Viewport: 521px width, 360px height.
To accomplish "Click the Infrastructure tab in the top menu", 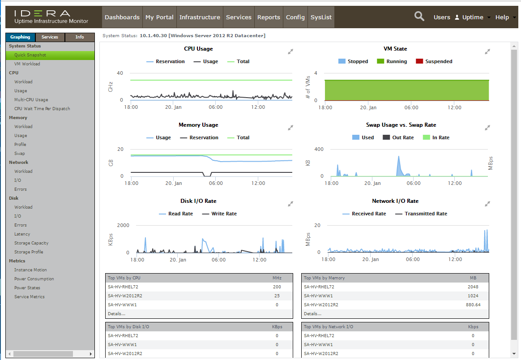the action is pyautogui.click(x=200, y=17).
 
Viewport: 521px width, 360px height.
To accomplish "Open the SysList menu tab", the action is pyautogui.click(x=321, y=17).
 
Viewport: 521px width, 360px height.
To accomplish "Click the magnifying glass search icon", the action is pyautogui.click(x=419, y=17).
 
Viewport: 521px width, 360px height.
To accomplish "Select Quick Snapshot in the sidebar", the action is pyautogui.click(x=30, y=55).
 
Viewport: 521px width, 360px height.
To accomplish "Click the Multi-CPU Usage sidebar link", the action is pyautogui.click(x=31, y=100).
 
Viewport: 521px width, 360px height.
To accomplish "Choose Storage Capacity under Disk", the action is pyautogui.click(x=31, y=243).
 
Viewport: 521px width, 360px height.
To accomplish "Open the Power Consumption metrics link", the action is pyautogui.click(x=34, y=279).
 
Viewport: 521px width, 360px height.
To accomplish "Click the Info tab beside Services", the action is pyautogui.click(x=80, y=37).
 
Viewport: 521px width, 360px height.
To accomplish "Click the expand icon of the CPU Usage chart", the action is pyautogui.click(x=290, y=51).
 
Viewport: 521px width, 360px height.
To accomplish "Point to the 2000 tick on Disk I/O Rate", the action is pyautogui.click(x=123, y=225).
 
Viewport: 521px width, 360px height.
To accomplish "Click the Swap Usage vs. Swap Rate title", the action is pyautogui.click(x=401, y=125).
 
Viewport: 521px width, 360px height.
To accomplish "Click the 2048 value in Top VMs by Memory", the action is pyautogui.click(x=473, y=287).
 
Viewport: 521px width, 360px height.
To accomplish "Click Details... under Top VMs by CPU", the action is pyautogui.click(x=116, y=314).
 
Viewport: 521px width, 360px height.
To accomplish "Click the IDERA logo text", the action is pyautogui.click(x=42, y=14).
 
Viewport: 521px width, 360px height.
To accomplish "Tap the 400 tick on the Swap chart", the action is pyautogui.click(x=319, y=149).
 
